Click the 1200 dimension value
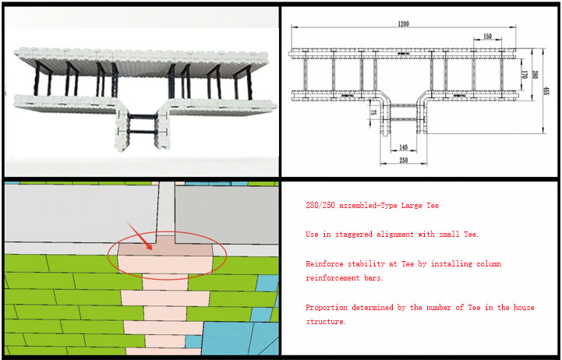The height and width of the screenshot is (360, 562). (x=403, y=23)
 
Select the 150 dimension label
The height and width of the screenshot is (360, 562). (x=487, y=36)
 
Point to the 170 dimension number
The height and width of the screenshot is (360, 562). (x=525, y=75)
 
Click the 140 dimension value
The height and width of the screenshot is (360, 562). (x=403, y=147)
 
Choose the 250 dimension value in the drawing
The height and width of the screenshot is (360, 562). (x=403, y=160)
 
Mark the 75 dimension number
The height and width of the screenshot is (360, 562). (x=373, y=112)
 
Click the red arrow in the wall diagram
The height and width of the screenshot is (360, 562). (x=140, y=236)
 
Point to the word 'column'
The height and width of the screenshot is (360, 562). (x=489, y=264)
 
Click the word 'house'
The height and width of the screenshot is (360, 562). (x=524, y=307)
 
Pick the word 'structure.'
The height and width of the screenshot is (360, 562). (x=326, y=322)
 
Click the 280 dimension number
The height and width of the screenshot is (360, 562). (x=535, y=75)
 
